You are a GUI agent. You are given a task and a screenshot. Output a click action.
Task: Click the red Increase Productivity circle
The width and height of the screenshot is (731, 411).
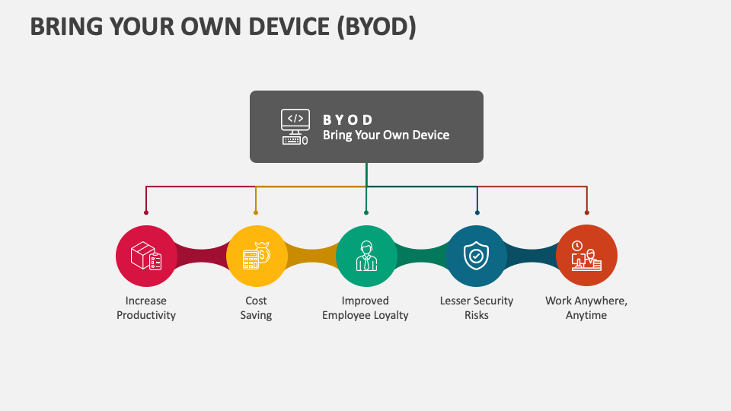[x=146, y=256]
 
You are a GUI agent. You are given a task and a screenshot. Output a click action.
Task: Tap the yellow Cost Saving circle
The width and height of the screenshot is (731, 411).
[x=257, y=256]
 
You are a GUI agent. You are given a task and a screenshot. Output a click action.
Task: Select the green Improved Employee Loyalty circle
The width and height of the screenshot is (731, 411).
[x=366, y=256]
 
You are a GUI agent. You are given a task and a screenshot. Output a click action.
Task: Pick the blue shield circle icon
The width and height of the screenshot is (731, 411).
[x=477, y=256]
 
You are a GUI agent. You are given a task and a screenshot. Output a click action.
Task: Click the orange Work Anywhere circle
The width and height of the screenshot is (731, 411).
[x=586, y=256]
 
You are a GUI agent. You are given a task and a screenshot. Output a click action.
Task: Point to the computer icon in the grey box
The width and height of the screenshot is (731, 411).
[x=295, y=127]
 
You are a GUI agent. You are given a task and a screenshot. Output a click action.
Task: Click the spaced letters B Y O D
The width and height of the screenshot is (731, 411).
[x=348, y=119]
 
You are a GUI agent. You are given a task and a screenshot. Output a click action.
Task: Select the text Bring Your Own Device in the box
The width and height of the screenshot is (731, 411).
[x=386, y=135]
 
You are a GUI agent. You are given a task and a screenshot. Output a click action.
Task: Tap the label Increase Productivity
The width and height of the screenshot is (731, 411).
[x=146, y=307]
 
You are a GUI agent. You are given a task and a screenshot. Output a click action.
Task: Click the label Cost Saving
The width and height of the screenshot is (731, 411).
[x=256, y=307]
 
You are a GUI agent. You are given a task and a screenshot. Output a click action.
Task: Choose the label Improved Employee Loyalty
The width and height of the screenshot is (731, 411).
[x=365, y=307]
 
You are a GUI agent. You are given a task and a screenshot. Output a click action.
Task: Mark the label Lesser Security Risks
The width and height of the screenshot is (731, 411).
[x=477, y=307]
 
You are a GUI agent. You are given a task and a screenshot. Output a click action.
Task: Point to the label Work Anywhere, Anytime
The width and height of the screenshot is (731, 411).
[x=586, y=307]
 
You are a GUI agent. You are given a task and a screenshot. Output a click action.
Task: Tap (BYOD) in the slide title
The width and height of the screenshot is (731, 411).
[x=375, y=26]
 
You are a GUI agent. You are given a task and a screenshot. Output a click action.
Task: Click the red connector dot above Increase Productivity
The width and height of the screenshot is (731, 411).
[x=146, y=212]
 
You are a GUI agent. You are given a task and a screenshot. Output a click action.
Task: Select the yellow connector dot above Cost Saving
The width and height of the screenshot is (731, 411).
[x=256, y=212]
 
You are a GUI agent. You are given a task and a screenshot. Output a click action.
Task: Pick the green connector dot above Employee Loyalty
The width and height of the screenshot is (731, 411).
[x=366, y=212]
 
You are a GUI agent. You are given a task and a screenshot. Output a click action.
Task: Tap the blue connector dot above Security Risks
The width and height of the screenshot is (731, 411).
[x=477, y=212]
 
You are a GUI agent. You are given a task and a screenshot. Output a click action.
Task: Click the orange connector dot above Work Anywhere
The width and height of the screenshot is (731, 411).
[x=586, y=212]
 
